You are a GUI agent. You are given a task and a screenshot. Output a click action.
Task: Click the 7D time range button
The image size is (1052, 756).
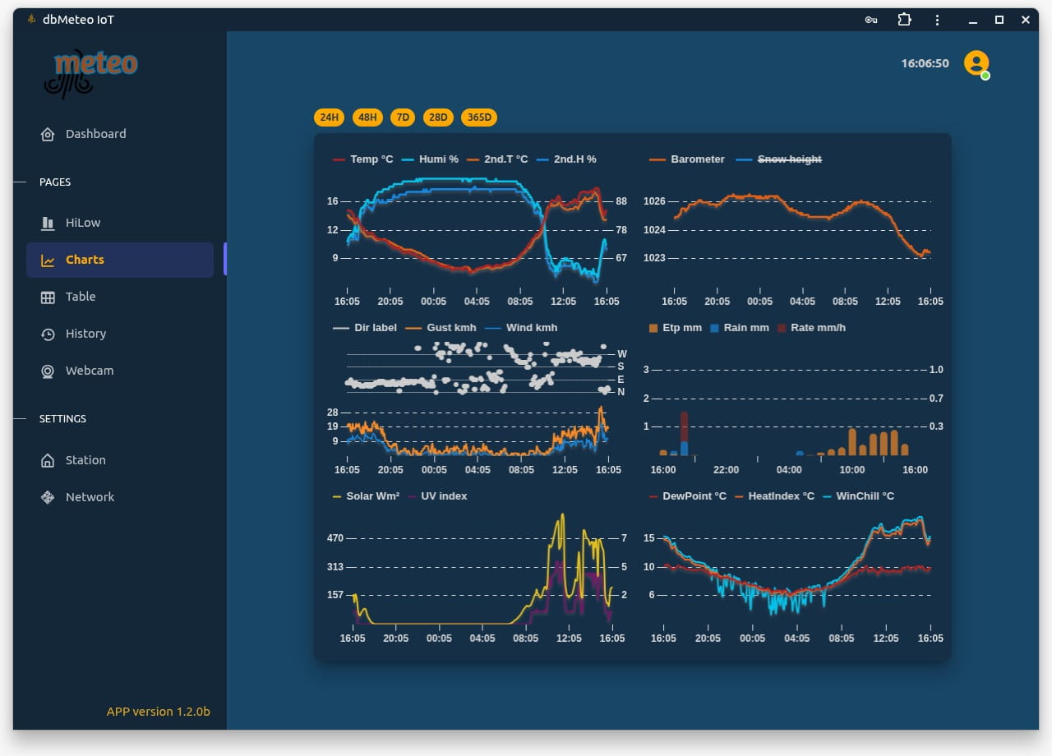(x=403, y=118)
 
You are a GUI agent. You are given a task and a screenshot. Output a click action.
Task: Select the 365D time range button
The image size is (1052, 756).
(x=479, y=118)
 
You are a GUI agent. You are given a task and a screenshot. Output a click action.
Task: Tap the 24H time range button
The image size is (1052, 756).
(x=329, y=118)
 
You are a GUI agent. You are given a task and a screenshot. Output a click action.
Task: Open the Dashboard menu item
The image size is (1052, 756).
(x=95, y=134)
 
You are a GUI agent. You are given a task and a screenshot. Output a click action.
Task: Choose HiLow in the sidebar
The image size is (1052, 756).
(x=82, y=223)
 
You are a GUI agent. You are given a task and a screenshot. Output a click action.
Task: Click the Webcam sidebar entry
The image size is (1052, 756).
(x=89, y=371)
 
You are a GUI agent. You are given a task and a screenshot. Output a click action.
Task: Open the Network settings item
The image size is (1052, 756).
(x=90, y=497)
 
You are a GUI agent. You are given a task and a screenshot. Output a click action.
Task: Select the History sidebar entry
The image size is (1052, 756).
(x=85, y=334)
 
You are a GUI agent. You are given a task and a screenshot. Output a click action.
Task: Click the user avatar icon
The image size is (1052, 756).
(x=976, y=63)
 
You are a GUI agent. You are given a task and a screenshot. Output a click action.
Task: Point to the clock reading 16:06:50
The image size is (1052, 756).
(x=925, y=63)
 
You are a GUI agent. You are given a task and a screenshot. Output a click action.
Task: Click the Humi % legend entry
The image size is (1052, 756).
(x=438, y=159)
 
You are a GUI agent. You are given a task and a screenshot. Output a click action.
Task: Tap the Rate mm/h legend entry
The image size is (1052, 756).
(x=818, y=328)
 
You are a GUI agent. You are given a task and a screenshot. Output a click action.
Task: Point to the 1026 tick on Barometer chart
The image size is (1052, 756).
(x=654, y=201)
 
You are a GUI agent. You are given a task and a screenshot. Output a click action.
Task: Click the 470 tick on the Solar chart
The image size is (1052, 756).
(x=335, y=539)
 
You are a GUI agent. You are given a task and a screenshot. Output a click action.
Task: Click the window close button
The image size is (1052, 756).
(x=1025, y=20)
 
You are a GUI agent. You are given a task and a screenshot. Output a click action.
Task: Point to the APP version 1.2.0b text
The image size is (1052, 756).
(x=158, y=712)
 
